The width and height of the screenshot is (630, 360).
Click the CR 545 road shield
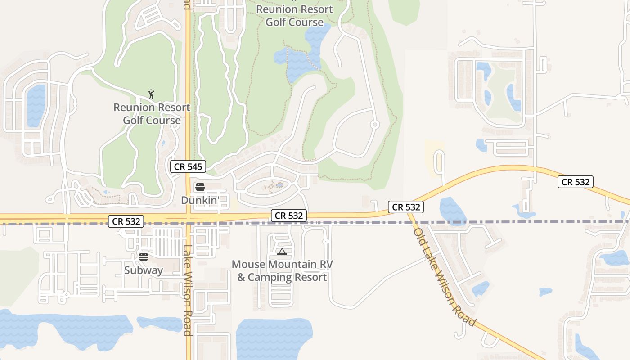click(188, 166)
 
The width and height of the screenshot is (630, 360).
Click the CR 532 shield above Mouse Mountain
click(289, 216)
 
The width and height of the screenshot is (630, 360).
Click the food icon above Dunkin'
click(200, 187)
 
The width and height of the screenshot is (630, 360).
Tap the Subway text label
click(144, 270)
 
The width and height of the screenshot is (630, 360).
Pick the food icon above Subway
click(144, 257)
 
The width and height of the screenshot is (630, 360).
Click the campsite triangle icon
click(282, 252)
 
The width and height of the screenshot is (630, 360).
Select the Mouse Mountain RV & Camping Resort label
click(282, 270)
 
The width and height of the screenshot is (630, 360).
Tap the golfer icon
click(152, 94)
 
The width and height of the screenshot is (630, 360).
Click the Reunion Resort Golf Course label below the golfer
click(152, 114)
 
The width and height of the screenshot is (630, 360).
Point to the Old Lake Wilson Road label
click(444, 277)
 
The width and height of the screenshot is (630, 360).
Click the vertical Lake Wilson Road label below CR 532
click(188, 290)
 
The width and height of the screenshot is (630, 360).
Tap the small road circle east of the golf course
click(374, 124)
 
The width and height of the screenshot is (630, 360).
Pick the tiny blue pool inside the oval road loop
click(279, 185)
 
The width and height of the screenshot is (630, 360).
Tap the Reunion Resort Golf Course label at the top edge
click(294, 15)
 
